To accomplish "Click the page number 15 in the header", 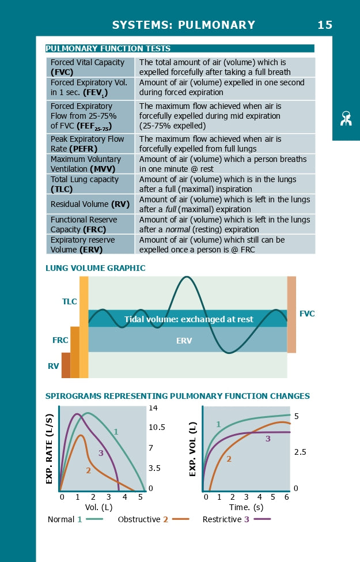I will tap(325, 25).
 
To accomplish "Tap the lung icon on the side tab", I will tap(346, 119).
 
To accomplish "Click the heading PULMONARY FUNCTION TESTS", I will tap(108, 48).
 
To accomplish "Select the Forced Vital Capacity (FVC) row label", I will tap(90, 67).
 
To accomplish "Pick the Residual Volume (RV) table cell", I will tap(90, 204).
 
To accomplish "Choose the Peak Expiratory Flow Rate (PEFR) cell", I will tap(90, 144).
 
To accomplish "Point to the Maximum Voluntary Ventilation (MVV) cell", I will tap(90, 164).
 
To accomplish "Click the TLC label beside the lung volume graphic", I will tap(70, 301).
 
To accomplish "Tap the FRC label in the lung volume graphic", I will tap(60, 341).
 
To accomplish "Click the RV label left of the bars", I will tap(54, 366).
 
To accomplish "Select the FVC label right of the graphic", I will tap(307, 314).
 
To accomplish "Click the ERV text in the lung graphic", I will tap(184, 341).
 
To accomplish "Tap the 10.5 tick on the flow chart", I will tap(157, 428).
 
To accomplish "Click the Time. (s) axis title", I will tap(247, 507).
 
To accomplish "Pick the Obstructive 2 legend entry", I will tap(153, 519).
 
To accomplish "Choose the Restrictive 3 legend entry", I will tap(236, 519).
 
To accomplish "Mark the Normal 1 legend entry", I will tap(75, 519).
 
